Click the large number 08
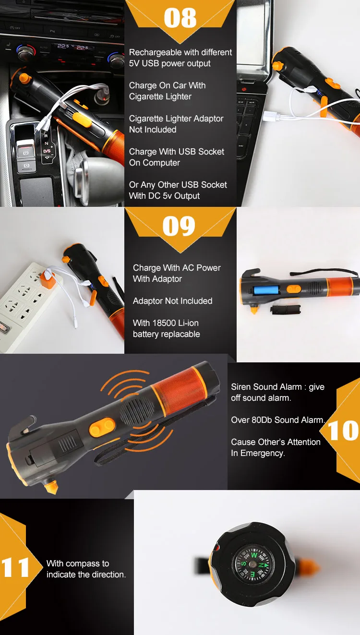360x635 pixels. (x=180, y=18)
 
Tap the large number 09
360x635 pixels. (x=179, y=226)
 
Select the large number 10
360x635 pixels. (x=343, y=431)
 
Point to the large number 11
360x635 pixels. (x=15, y=567)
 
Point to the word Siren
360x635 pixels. (x=241, y=387)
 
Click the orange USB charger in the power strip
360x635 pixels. (x=48, y=279)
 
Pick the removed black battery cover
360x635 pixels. (x=285, y=309)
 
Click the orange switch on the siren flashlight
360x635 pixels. (x=102, y=427)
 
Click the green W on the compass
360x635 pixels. (x=254, y=554)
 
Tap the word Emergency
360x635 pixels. (x=263, y=453)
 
